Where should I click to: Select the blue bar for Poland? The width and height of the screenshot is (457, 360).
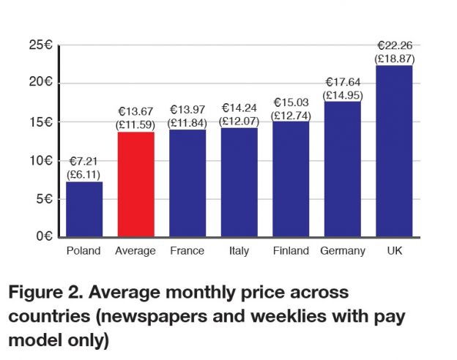click(84, 209)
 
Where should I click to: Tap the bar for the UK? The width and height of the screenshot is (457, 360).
click(393, 151)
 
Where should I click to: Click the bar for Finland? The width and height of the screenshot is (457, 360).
click(291, 179)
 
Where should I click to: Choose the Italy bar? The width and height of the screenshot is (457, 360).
click(239, 182)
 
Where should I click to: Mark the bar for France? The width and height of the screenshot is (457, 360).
click(187, 183)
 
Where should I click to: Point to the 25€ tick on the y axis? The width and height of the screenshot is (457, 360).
click(43, 46)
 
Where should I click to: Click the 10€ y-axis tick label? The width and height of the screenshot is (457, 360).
click(43, 160)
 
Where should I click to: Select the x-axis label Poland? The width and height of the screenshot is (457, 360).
click(84, 252)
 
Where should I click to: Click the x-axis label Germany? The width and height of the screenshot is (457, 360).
click(342, 252)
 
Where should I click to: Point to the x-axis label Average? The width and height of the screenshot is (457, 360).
click(135, 252)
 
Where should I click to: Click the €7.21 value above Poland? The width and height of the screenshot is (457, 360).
click(84, 162)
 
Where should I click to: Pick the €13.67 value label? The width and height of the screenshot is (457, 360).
click(135, 111)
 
